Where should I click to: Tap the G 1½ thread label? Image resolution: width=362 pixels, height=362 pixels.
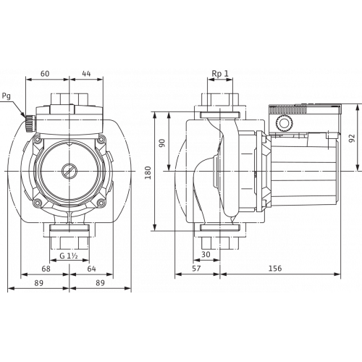69,254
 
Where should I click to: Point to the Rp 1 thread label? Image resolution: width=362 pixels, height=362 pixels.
220,74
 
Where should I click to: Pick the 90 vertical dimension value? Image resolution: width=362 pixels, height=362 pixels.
162,142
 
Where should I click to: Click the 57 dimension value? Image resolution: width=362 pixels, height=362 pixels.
196,268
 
